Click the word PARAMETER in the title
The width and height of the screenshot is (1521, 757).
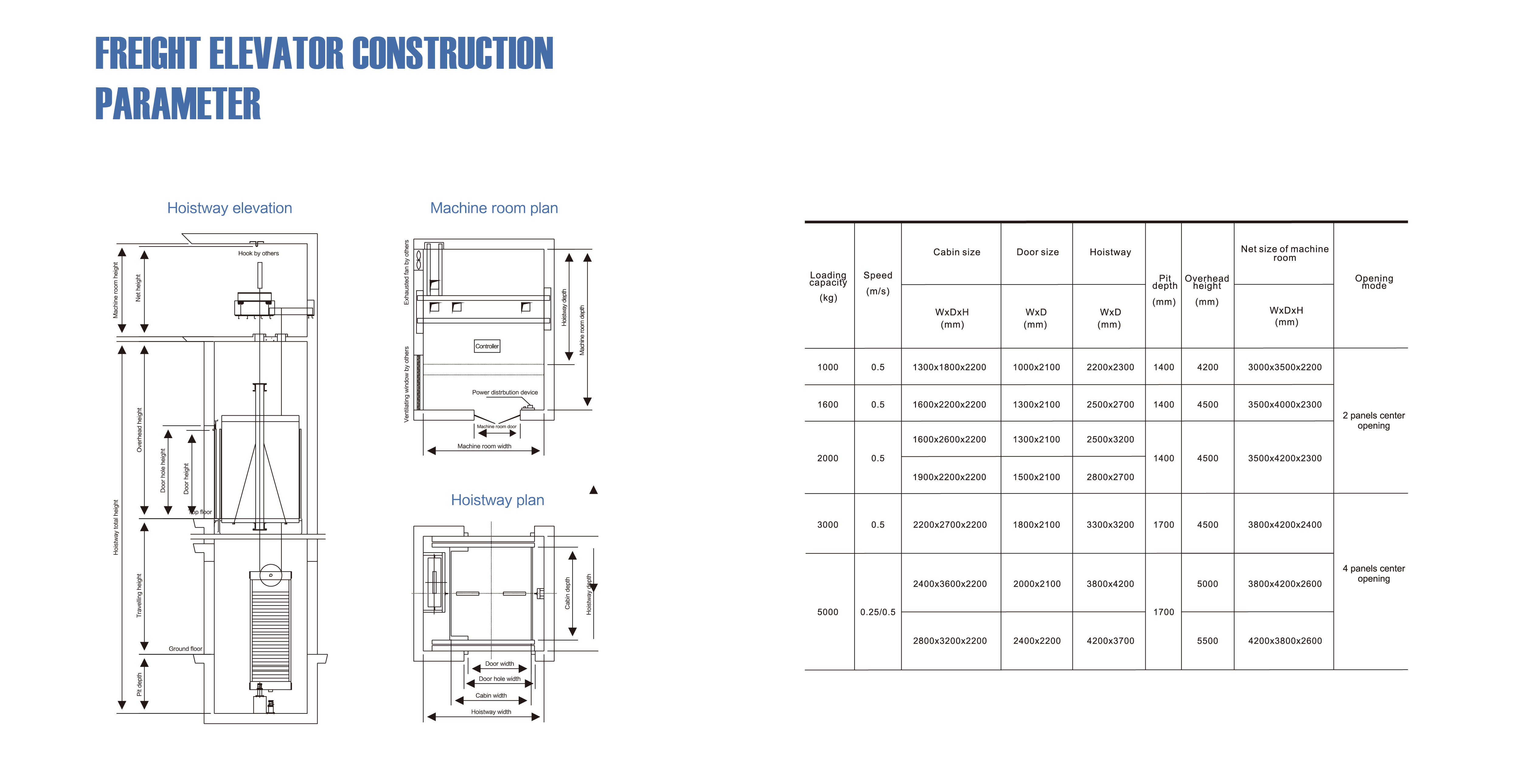click(178, 104)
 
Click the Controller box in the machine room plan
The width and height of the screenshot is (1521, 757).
click(487, 346)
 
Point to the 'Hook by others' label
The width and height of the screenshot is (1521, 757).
click(259, 253)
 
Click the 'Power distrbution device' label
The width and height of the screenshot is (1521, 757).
click(505, 392)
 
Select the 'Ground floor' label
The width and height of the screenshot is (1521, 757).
click(185, 648)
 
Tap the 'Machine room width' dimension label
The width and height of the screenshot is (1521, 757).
click(484, 446)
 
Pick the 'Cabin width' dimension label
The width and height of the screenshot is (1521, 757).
click(491, 696)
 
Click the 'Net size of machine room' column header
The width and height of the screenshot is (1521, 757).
click(1285, 253)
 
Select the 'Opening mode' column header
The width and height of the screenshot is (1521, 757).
click(1374, 282)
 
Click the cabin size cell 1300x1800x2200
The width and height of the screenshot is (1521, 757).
click(949, 367)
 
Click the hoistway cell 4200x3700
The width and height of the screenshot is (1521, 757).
click(1111, 641)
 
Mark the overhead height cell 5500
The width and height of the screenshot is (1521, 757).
click(1207, 641)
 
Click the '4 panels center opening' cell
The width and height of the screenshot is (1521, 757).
click(1374, 573)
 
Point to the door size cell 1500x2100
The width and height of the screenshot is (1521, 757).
click(1037, 477)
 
